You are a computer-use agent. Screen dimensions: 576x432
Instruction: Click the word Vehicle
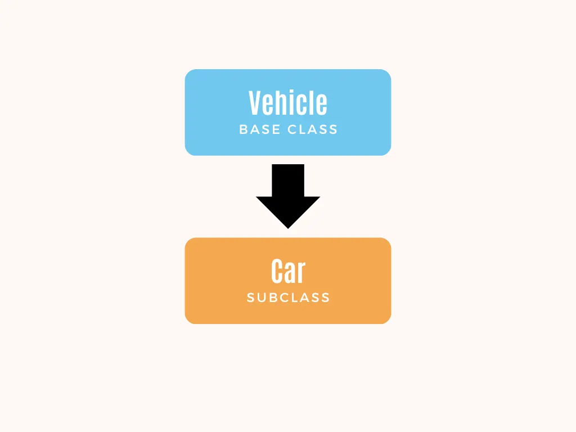[288, 103]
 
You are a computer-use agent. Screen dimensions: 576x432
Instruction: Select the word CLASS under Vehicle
[313, 129]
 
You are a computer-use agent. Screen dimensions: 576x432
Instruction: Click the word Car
[288, 272]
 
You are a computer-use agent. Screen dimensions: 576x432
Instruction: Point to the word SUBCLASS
[288, 298]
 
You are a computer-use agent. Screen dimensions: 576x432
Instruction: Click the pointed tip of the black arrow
[288, 227]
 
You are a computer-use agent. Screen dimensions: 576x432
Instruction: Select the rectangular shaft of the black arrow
[288, 180]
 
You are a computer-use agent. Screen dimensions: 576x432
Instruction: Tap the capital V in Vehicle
[256, 103]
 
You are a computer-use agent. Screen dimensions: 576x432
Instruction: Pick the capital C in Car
[277, 272]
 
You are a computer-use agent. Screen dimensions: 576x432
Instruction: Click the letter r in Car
[301, 273]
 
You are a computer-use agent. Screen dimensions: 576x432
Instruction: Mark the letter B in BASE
[244, 129]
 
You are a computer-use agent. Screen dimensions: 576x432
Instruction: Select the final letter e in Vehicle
[322, 105]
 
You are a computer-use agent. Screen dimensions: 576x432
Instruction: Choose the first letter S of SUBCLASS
[251, 298]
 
